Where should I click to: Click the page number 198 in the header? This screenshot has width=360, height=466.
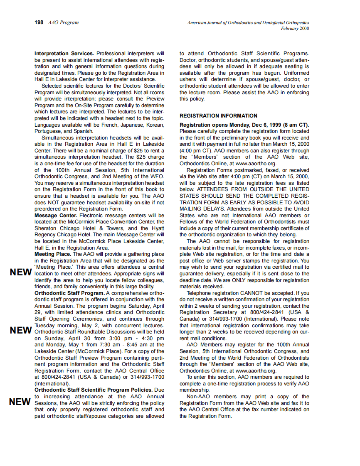click(39, 22)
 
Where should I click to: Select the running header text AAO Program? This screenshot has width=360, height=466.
click(64, 22)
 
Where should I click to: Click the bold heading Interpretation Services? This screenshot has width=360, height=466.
click(64, 54)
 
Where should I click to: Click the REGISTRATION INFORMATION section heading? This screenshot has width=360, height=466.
click(218, 116)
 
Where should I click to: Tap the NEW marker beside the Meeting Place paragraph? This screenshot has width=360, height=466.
click(21, 272)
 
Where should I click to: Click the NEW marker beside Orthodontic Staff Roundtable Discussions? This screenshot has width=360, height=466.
click(21, 331)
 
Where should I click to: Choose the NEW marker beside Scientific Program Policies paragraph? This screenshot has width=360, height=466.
click(21, 402)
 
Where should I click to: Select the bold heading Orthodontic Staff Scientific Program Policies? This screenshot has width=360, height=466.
click(93, 390)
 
